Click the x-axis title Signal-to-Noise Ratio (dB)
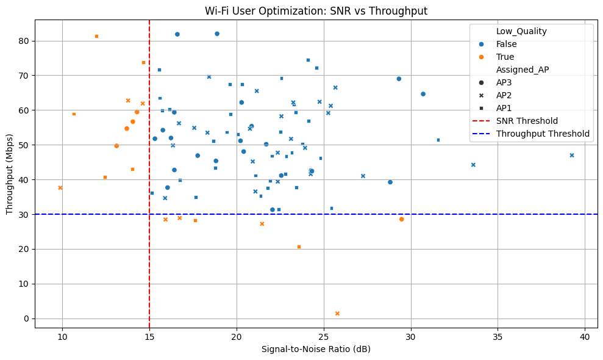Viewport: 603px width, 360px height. pyautogui.click(x=315, y=349)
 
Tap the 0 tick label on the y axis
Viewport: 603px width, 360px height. pyautogui.click(x=27, y=319)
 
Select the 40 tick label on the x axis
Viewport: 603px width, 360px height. pyautogui.click(x=585, y=336)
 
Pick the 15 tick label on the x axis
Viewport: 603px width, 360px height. pyautogui.click(x=149, y=336)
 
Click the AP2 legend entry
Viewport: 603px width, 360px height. pyautogui.click(x=505, y=95)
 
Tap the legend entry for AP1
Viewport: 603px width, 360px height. pyautogui.click(x=505, y=108)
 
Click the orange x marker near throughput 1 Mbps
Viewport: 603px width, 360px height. pyautogui.click(x=337, y=314)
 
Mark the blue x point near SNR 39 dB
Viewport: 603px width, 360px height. pyautogui.click(x=572, y=156)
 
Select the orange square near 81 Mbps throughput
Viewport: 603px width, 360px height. pyautogui.click(x=96, y=37)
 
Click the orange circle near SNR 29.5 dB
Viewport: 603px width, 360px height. pyautogui.click(x=401, y=219)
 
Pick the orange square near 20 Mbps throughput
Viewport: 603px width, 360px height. pyautogui.click(x=299, y=247)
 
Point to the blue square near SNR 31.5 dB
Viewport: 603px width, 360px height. pyautogui.click(x=438, y=140)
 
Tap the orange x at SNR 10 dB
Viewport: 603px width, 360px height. pyautogui.click(x=60, y=188)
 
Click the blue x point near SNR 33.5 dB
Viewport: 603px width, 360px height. pyautogui.click(x=473, y=165)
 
